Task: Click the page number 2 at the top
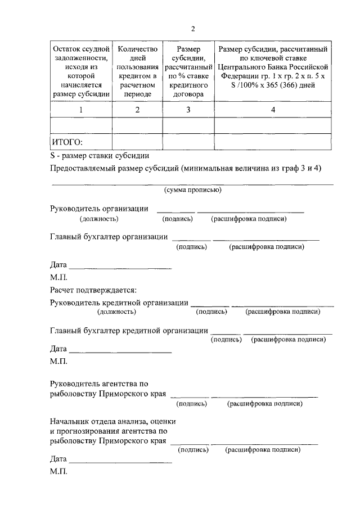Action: click(x=192, y=29)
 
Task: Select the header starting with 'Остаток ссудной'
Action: click(x=81, y=71)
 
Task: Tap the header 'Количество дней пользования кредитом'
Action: click(x=137, y=71)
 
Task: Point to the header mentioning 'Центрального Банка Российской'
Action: click(x=273, y=67)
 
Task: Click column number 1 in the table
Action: click(x=81, y=110)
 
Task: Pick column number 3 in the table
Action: click(x=188, y=110)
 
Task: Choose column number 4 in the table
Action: click(x=273, y=110)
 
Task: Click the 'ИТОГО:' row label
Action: click(x=67, y=141)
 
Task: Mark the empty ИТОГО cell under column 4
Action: click(x=273, y=141)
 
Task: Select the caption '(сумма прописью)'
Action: click(x=192, y=190)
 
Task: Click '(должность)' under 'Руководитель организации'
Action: click(x=98, y=219)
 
